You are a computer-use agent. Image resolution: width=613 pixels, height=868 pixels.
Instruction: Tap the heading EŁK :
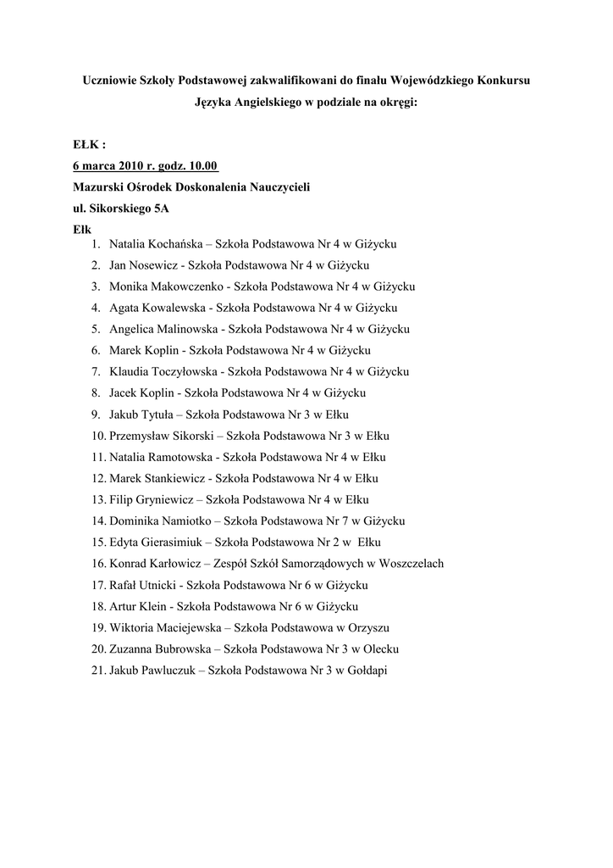89,145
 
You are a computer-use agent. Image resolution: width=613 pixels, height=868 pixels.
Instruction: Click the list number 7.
97,371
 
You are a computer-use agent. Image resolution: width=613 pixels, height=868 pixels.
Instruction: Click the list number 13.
97,499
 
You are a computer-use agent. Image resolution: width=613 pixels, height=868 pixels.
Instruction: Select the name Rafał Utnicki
143,585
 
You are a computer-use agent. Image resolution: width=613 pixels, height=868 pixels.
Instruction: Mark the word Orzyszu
368,627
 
